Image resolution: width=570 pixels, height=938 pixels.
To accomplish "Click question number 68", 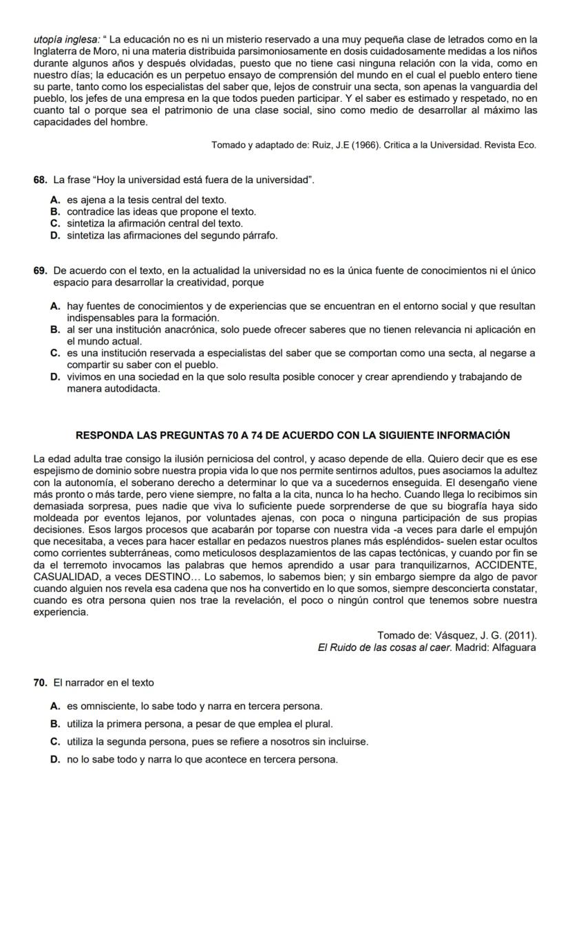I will tap(40, 180).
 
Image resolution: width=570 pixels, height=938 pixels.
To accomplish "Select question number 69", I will tap(40, 270).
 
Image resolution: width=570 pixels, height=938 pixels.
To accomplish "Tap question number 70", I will tap(40, 683).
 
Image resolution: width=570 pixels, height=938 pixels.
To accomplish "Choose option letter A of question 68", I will tap(55, 200).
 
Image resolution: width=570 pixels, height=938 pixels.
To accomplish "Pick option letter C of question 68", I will tap(55, 224).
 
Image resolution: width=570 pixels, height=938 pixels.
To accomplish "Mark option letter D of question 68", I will tap(55, 235).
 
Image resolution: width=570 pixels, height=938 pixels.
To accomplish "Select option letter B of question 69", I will tap(55, 330).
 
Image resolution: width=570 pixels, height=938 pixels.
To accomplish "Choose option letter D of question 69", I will tap(55, 377).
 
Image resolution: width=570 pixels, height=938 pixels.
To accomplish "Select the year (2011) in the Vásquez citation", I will tap(520, 635).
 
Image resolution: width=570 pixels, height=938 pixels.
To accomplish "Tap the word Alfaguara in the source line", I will tap(510, 648).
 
